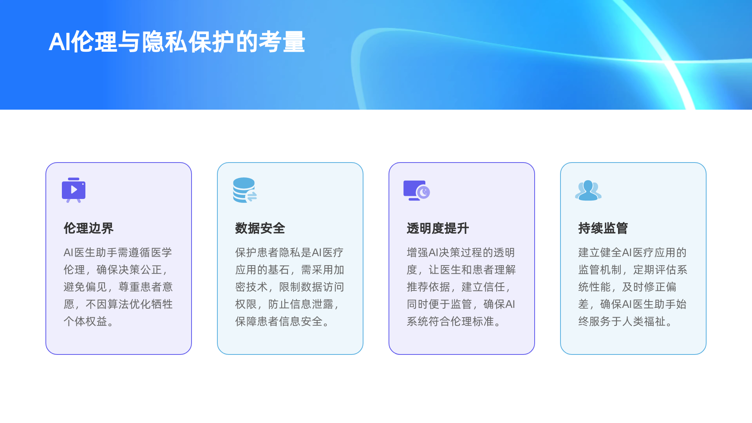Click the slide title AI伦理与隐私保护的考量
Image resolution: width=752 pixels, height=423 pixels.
pos(177,42)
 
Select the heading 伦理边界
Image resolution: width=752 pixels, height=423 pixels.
pos(89,228)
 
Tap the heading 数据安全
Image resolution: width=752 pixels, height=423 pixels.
pos(260,228)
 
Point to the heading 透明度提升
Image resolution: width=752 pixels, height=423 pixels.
pos(437,228)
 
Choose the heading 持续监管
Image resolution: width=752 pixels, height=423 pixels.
pos(603,228)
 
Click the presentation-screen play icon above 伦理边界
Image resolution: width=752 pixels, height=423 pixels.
pos(74,190)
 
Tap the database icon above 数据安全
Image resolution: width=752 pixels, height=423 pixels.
pos(244,190)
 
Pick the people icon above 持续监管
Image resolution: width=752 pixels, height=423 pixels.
pos(588,190)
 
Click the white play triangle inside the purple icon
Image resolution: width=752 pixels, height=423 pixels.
pos(74,190)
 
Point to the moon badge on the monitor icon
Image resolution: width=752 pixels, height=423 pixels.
pos(423,192)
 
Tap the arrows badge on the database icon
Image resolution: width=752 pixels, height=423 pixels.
pos(251,196)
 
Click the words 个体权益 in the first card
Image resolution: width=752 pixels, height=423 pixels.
pos(85,322)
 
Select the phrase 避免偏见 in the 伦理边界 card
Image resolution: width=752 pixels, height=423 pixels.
pos(85,287)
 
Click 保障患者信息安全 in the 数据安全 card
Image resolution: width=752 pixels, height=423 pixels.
pos(279,322)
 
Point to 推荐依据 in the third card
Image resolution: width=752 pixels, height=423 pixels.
pos(428,287)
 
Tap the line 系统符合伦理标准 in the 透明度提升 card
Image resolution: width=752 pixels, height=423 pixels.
pos(450,322)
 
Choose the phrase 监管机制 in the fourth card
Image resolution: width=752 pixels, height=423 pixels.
pos(600,270)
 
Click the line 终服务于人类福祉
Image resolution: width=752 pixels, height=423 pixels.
pos(622,322)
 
